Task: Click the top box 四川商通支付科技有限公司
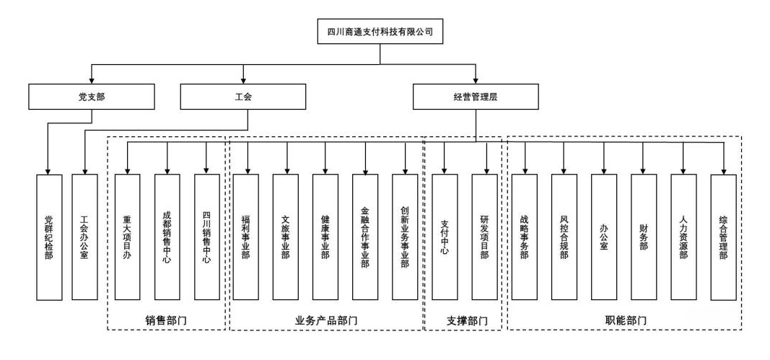[x=380, y=32]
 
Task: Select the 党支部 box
[x=91, y=96]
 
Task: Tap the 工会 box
[x=243, y=96]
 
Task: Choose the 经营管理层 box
[x=475, y=96]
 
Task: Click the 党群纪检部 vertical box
[x=48, y=236]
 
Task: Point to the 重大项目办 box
[x=127, y=236]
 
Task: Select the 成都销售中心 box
[x=167, y=236]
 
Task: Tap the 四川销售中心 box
[x=206, y=236]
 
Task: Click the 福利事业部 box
[x=246, y=236]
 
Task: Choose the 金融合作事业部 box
[x=365, y=236]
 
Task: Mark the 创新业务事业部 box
[x=405, y=236]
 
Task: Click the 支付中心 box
[x=445, y=236]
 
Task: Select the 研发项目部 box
[x=484, y=236]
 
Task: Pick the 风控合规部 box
[x=564, y=236]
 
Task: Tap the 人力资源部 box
[x=683, y=236]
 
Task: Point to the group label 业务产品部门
[x=326, y=320]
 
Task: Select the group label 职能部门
[x=625, y=320]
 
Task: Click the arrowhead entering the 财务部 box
[x=644, y=170]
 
